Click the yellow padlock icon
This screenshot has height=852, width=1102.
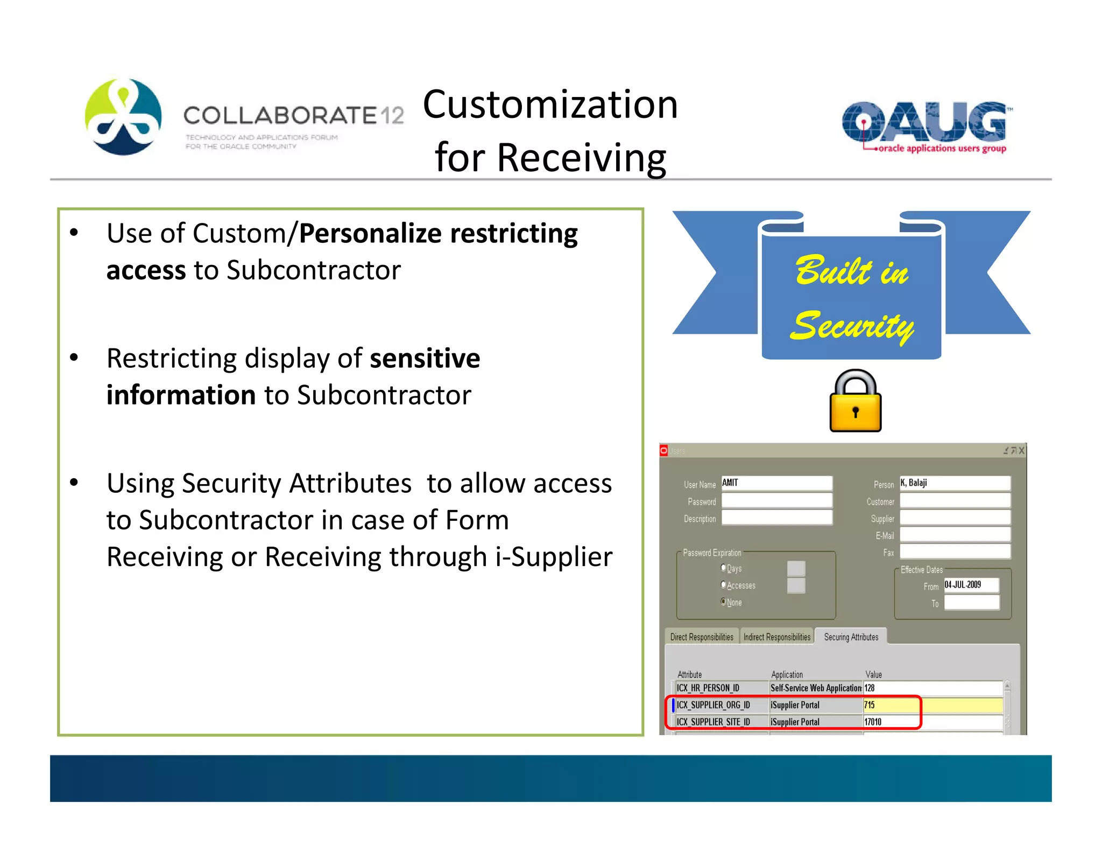(855, 402)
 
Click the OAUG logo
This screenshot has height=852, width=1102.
(924, 126)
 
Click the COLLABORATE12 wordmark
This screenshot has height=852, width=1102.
(293, 116)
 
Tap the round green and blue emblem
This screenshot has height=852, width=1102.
(123, 117)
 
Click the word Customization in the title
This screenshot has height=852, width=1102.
(550, 104)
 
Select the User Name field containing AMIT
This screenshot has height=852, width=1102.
(776, 483)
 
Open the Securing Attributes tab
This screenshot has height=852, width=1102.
(851, 637)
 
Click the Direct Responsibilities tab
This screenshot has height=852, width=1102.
(702, 637)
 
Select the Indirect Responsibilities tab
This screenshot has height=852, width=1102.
(776, 637)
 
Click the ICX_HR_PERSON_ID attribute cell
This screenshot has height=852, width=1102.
(721, 688)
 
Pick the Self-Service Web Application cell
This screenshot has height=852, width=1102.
(816, 688)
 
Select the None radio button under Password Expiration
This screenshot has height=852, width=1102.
(724, 602)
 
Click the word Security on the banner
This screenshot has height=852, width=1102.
(852, 326)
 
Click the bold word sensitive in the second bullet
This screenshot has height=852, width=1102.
(425, 359)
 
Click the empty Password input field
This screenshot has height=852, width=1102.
(776, 501)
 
